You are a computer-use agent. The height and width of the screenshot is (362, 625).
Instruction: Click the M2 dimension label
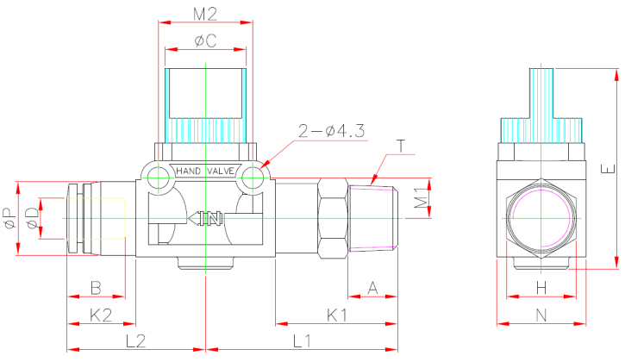click(x=204, y=14)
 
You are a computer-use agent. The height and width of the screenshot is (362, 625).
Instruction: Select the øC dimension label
click(x=205, y=40)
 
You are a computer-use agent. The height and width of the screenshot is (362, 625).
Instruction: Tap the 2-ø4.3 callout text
click(x=332, y=131)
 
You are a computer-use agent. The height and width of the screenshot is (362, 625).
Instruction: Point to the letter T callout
click(x=402, y=145)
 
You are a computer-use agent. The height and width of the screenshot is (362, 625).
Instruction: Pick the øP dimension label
click(x=9, y=218)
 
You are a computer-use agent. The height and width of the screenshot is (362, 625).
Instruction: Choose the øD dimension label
click(x=32, y=218)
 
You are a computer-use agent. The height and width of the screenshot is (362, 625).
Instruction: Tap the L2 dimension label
click(x=135, y=340)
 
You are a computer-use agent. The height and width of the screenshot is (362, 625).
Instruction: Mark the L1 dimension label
click(x=302, y=340)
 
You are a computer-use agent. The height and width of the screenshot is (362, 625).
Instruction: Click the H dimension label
click(x=541, y=287)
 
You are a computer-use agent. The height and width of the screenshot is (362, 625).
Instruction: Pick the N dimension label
click(x=541, y=315)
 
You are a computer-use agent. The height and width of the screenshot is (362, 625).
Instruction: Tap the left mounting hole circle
click(x=157, y=178)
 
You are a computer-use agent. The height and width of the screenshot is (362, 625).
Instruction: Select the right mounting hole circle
click(x=253, y=178)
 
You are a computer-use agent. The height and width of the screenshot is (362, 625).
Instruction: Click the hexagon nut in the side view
click(x=541, y=220)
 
